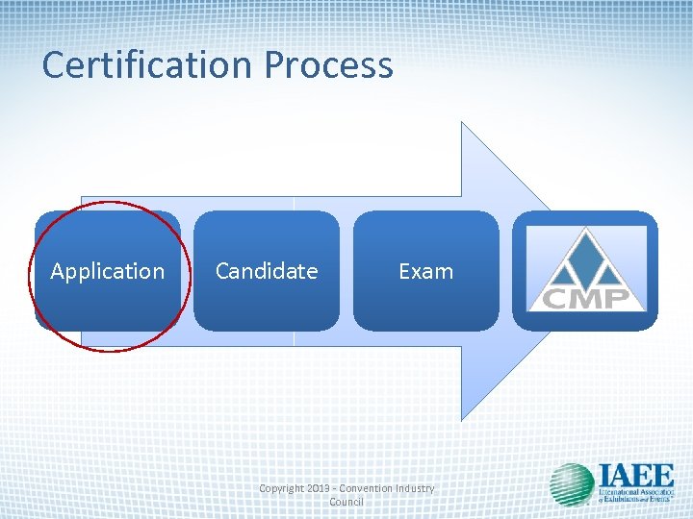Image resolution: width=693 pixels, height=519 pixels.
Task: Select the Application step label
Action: pos(107,271)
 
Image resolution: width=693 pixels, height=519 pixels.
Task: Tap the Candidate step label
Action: pos(267,271)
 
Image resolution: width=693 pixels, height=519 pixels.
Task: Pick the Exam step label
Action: pos(425,271)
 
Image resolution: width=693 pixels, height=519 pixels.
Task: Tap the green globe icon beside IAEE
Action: pos(572,484)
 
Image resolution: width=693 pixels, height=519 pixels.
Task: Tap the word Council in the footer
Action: pos(346,502)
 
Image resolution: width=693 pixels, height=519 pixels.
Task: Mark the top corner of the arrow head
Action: pos(463,123)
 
